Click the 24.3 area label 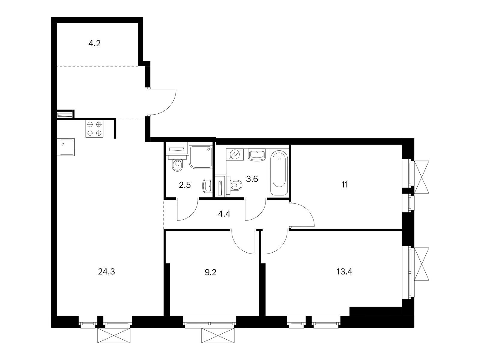[x=106, y=272]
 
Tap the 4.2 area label [x=94, y=44]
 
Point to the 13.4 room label [x=344, y=272]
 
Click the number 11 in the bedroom [x=345, y=185]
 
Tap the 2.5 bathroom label [x=185, y=185]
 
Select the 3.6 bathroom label [x=252, y=179]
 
